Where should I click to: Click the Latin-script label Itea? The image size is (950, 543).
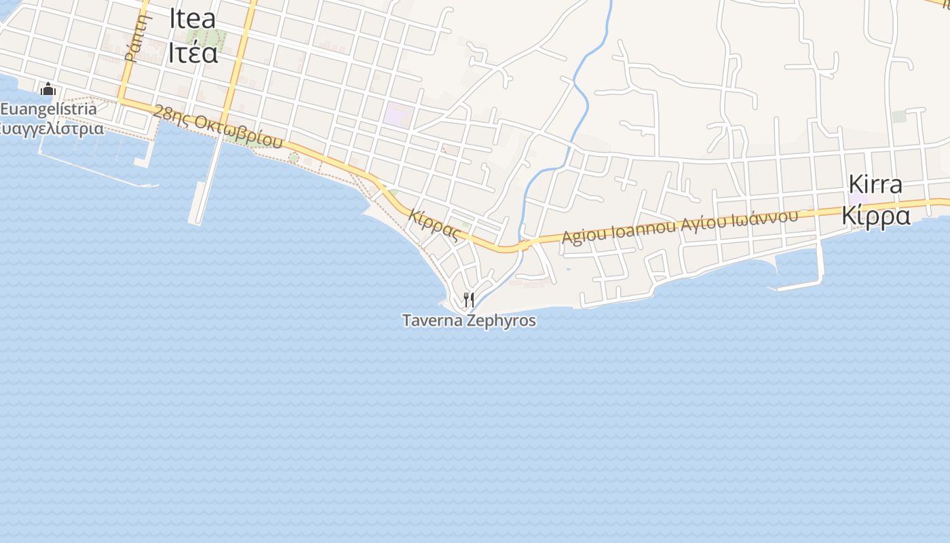[x=193, y=18]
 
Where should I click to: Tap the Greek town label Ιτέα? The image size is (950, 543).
[x=193, y=52]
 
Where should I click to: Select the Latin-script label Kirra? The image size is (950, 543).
[x=875, y=185]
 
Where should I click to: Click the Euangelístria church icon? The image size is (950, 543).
[x=47, y=90]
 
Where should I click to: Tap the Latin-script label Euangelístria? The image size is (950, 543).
[x=49, y=109]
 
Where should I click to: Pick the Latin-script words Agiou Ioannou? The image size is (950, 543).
[x=617, y=231]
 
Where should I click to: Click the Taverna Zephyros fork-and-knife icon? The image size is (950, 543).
[x=468, y=299]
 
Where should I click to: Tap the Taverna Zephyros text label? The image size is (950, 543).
[x=469, y=320]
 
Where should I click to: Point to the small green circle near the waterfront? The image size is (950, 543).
[x=293, y=157]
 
